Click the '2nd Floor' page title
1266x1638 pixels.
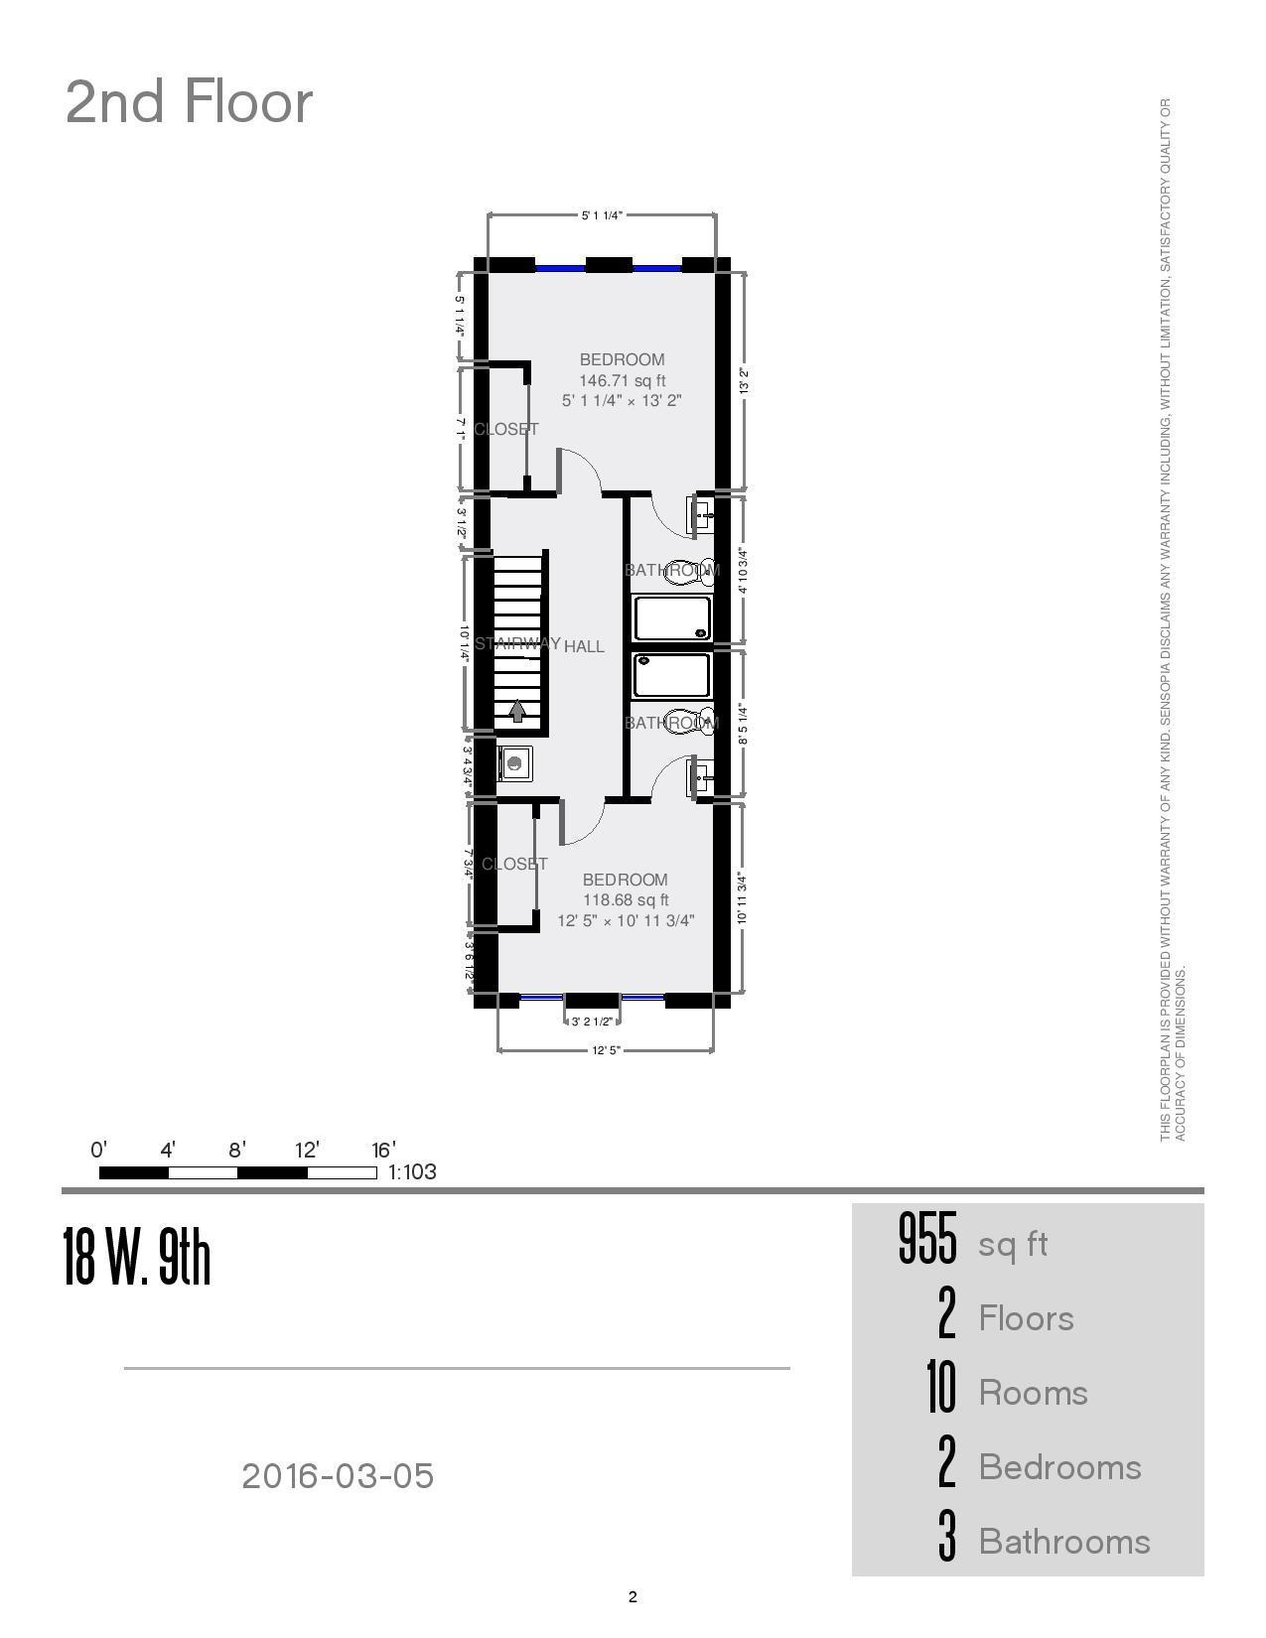pos(189,102)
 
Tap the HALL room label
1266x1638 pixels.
pos(584,646)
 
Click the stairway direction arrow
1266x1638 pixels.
pos(517,711)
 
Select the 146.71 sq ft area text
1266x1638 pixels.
pos(623,380)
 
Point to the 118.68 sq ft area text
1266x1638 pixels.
pos(626,900)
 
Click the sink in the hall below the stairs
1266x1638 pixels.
pos(514,762)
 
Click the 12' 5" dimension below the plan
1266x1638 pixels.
pos(606,1050)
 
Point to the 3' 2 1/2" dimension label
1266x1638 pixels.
pos(593,1022)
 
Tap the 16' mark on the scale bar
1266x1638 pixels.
pos(384,1151)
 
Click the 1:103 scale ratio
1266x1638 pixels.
pos(412,1172)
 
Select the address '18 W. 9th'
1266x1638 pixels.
pos(137,1257)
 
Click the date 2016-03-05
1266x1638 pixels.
pos(338,1476)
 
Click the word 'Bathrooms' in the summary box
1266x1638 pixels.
pos(1064,1542)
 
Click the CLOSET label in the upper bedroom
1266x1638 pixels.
pos(506,429)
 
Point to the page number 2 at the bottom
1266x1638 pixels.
pos(633,1597)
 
